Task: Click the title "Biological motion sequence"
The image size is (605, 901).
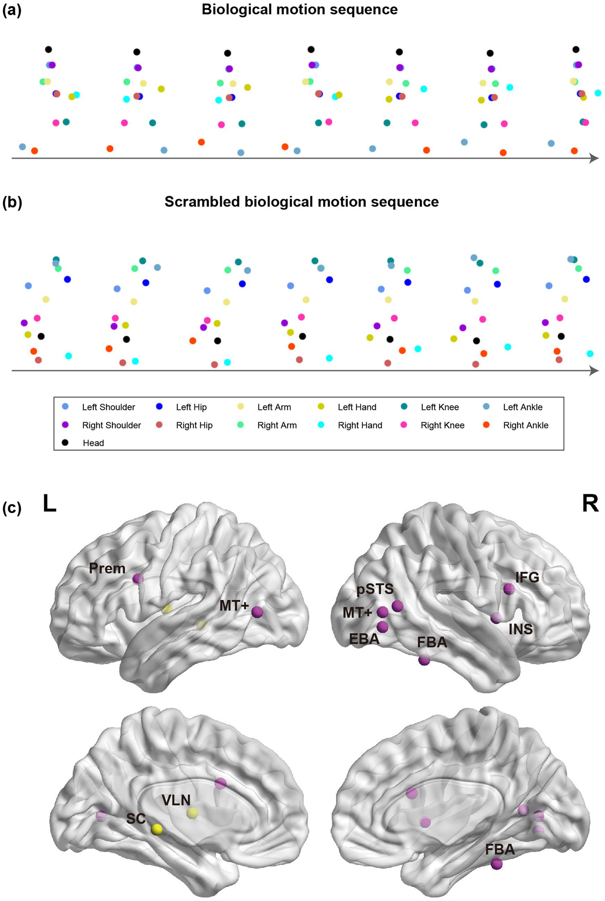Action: click(x=300, y=9)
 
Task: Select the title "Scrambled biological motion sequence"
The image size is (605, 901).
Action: click(x=302, y=201)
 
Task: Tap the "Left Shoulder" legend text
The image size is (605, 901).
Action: click(x=108, y=407)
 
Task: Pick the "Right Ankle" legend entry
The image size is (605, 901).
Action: click(x=525, y=425)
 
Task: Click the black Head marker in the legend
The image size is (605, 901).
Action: click(x=65, y=443)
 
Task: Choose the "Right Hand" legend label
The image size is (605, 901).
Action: click(x=360, y=425)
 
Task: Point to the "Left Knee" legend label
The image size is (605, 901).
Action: click(x=439, y=407)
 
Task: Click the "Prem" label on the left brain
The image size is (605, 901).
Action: click(x=107, y=568)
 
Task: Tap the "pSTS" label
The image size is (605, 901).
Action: click(x=375, y=589)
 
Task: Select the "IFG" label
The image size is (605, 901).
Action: click(x=527, y=577)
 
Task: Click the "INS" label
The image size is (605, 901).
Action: click(x=521, y=629)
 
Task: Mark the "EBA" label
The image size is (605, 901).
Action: click(x=364, y=639)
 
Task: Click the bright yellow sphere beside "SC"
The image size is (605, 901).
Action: click(x=156, y=829)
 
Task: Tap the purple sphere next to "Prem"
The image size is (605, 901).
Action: click(x=138, y=579)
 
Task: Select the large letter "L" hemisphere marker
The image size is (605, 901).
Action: click(x=50, y=504)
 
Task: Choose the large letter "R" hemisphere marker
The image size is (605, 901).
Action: click(x=590, y=504)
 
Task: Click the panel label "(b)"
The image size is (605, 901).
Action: click(x=12, y=202)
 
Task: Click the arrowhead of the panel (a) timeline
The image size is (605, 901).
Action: click(x=594, y=158)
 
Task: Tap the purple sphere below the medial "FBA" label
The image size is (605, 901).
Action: click(x=497, y=864)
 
